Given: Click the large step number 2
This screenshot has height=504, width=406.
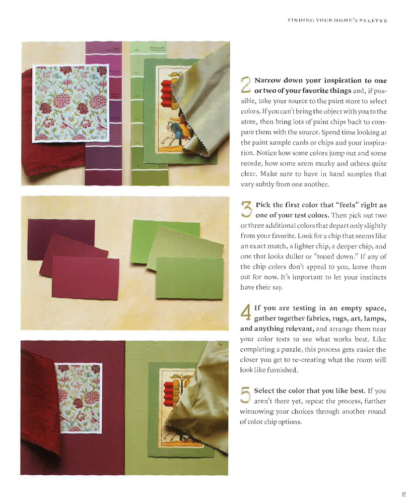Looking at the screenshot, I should pos(245,86).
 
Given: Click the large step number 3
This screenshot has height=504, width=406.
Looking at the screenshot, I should pos(245,210).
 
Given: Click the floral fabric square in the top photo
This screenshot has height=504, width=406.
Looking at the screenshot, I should pos(70,103).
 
